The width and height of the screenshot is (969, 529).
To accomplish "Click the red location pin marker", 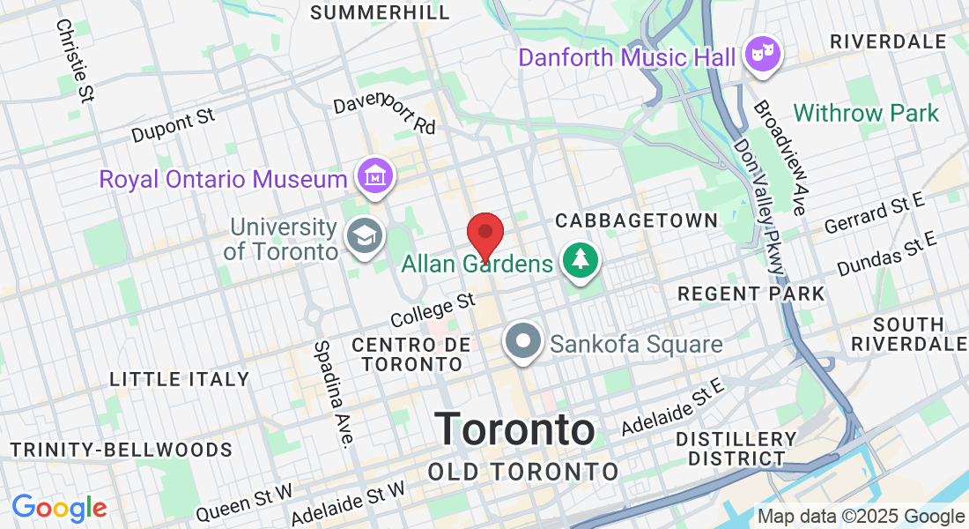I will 484,235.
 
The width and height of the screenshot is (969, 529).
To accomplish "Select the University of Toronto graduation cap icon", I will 364,237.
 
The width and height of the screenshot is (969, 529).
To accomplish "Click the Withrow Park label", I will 866,113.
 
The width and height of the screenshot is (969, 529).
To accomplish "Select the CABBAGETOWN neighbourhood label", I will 637,220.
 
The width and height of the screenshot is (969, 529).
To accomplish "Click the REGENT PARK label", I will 751,294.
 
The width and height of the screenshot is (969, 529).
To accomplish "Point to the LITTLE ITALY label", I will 180,379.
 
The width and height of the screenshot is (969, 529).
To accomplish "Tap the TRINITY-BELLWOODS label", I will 122,450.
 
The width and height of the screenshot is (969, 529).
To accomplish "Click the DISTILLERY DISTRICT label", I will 736,448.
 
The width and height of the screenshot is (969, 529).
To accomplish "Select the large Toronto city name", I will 515,429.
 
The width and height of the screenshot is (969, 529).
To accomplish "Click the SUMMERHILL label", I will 381,12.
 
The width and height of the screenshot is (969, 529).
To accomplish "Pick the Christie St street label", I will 74,60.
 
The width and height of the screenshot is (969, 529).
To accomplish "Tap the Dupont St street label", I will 174,126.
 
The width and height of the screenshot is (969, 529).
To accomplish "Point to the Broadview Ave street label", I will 779,157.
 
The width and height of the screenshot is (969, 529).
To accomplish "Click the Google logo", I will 59,508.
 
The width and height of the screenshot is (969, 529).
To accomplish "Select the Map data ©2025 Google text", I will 862,517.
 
